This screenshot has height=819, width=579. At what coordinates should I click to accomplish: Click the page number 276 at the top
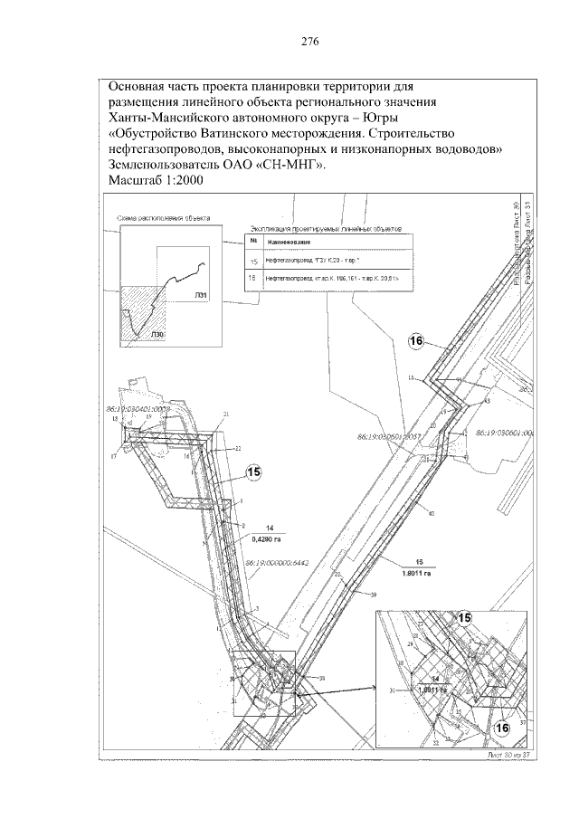(308, 42)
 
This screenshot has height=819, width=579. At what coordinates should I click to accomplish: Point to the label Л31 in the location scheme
(201, 294)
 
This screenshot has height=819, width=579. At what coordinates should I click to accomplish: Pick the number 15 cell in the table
(253, 262)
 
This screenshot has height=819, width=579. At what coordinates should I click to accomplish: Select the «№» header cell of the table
(253, 243)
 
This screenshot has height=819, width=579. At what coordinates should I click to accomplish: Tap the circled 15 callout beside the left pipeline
(254, 471)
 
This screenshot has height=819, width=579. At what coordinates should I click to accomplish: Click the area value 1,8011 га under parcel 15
(419, 571)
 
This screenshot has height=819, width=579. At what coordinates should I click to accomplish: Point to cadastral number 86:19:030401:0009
(138, 409)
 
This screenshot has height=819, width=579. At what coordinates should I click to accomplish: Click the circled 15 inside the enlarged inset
(465, 617)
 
